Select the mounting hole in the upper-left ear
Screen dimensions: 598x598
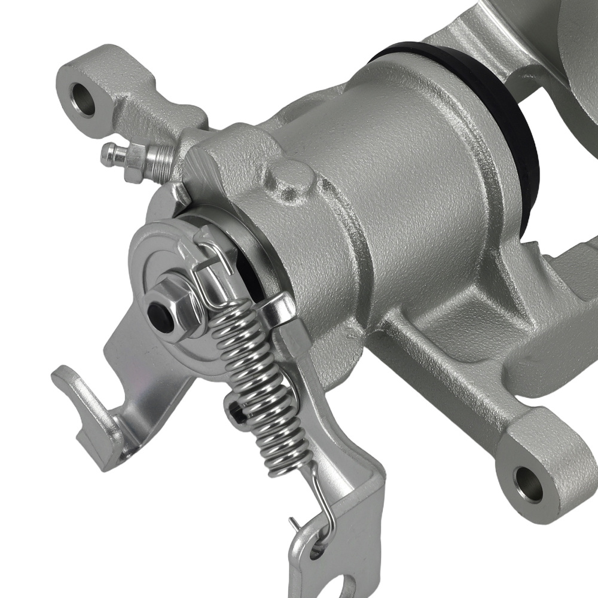83,99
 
